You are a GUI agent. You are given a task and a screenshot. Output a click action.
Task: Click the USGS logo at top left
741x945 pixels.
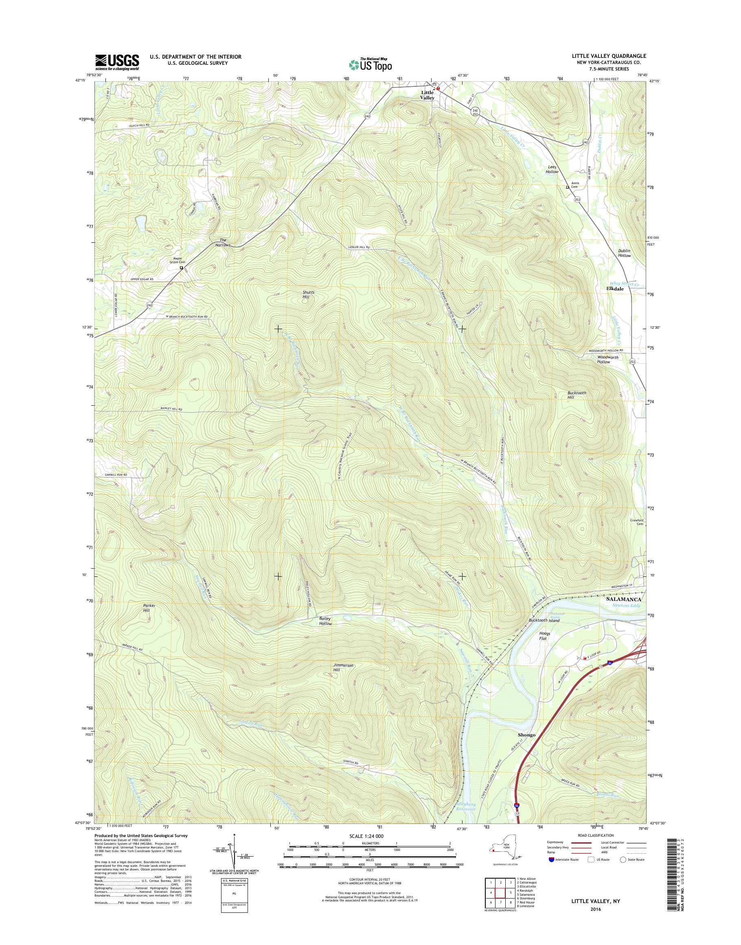point(117,62)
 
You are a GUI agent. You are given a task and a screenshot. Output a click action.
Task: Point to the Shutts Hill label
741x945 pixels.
point(309,295)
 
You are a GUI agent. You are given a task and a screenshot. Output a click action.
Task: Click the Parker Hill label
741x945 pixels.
point(149,608)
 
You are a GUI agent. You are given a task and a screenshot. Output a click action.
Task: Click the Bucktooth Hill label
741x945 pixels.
point(577,395)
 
